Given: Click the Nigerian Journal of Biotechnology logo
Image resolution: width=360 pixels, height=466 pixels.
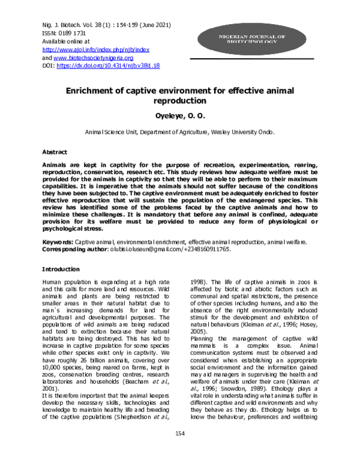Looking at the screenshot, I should click(x=247, y=40).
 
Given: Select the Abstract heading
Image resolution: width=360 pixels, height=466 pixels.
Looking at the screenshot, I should click(x=54, y=152).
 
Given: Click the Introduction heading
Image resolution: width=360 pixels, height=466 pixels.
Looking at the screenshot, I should click(x=61, y=269).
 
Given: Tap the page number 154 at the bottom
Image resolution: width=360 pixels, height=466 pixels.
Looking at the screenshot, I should click(x=179, y=450).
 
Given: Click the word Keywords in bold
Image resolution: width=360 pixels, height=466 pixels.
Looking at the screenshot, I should click(x=58, y=241).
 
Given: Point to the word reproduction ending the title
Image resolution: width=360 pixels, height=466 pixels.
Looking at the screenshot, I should click(x=180, y=102).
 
